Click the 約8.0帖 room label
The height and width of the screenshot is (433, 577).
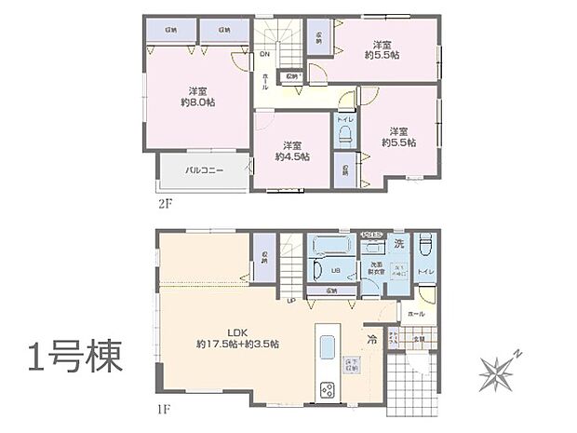pos(196,96)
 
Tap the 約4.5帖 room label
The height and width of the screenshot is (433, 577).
pos(291,151)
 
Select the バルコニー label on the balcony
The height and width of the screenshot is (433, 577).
pos(203,170)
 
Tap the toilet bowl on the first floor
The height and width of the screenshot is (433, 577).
pos(425,247)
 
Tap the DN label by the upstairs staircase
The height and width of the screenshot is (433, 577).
pos(264,55)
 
